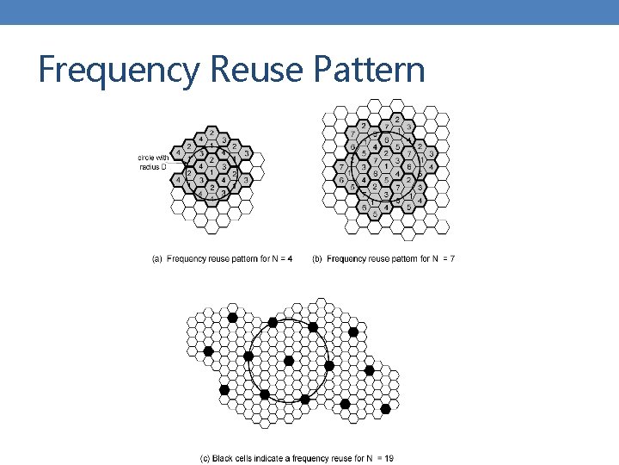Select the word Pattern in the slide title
coord(373,70)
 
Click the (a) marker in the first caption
coord(157,258)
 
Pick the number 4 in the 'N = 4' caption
coord(290,258)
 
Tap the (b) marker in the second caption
coord(318,258)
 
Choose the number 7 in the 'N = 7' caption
coord(452,258)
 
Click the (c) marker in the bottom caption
coord(205,459)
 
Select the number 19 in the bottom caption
coord(389,459)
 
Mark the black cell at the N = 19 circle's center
coord(289,360)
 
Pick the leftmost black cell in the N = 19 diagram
coord(208,350)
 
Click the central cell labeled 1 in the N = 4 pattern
coord(211,171)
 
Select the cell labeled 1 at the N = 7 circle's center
coord(387,164)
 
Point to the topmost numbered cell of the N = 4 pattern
coord(211,132)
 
